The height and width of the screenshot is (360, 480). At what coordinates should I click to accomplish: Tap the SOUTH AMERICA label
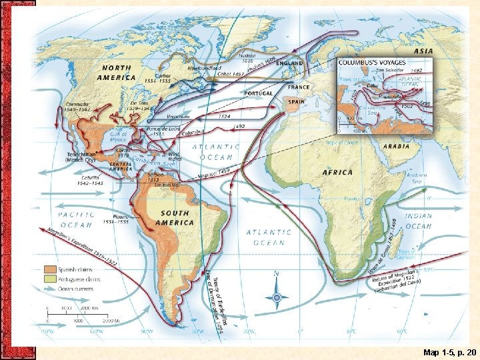pyautogui.click(x=175, y=218)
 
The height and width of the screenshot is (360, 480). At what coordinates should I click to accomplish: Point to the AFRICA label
pyautogui.click(x=337, y=172)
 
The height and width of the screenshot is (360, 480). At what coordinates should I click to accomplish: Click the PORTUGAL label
pyautogui.click(x=259, y=93)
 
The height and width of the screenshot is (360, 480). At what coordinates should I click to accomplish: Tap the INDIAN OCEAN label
pyautogui.click(x=419, y=221)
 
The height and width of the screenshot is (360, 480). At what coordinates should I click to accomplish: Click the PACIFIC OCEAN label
pyautogui.click(x=76, y=221)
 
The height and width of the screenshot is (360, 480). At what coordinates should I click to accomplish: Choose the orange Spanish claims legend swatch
pyautogui.click(x=50, y=269)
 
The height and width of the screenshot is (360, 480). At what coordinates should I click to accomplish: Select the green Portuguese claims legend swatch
pyautogui.click(x=50, y=279)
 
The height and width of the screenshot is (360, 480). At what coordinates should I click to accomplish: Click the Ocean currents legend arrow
pyautogui.click(x=50, y=289)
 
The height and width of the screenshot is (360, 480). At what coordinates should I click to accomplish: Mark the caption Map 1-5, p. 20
pyautogui.click(x=449, y=351)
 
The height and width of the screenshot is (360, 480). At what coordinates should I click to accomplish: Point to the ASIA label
pyautogui.click(x=423, y=50)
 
